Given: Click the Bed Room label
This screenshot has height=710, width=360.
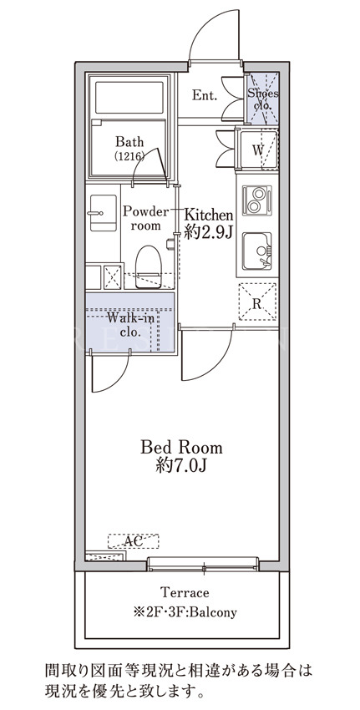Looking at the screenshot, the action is (x=181, y=448).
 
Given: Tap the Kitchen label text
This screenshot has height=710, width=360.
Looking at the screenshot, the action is (x=208, y=214).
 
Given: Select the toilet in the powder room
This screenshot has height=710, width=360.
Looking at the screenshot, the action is (x=149, y=266).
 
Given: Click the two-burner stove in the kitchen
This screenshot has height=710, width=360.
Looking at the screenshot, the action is (x=256, y=200).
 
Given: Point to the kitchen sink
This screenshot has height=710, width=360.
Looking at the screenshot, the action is (x=256, y=251).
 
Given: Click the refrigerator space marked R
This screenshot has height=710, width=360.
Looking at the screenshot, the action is (x=257, y=302).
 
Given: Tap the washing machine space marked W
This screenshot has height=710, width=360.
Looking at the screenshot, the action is (x=257, y=150).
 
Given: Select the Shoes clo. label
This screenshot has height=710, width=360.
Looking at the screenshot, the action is (x=262, y=99).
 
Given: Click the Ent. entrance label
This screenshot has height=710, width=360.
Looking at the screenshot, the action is (x=205, y=95).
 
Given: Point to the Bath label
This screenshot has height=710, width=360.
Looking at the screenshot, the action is (x=129, y=142).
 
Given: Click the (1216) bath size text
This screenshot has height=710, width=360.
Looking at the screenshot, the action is (x=129, y=156).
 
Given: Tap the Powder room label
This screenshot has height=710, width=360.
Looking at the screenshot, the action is (x=145, y=218).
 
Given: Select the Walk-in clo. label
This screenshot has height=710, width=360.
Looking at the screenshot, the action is (x=130, y=325).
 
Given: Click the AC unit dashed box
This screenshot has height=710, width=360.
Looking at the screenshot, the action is (x=133, y=541).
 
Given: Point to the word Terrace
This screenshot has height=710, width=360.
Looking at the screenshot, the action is (x=185, y=592).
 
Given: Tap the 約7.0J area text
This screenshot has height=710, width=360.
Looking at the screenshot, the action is (x=181, y=465).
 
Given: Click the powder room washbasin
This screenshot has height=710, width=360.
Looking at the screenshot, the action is (x=104, y=213).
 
